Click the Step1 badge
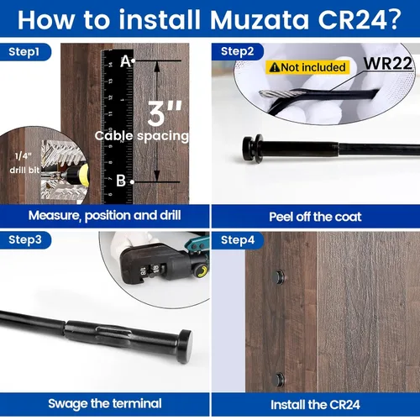(24, 52)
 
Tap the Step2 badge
(238, 52)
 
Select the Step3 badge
(25, 240)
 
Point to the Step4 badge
(238, 240)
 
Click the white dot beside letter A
(134, 60)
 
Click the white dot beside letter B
(133, 182)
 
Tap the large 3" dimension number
(165, 113)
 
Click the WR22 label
(388, 64)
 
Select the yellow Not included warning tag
(307, 67)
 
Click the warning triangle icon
(275, 67)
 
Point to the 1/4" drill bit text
(24, 163)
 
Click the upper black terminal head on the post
(278, 277)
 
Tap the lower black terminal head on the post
(279, 380)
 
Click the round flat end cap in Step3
(185, 347)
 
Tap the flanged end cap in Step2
(253, 149)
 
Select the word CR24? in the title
(360, 20)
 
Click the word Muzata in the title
(260, 20)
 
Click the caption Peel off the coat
(315, 217)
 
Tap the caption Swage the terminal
(105, 404)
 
